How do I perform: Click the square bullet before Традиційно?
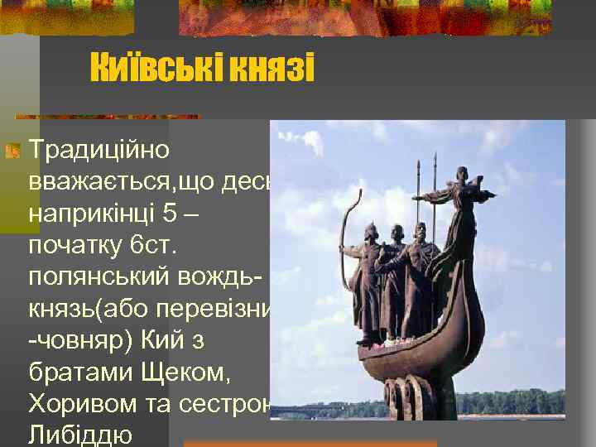point(12,151)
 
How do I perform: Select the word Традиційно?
point(99,150)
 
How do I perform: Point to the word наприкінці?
point(91,214)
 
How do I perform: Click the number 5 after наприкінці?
point(171,213)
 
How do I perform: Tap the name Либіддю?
point(79,435)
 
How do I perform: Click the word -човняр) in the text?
point(78,340)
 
